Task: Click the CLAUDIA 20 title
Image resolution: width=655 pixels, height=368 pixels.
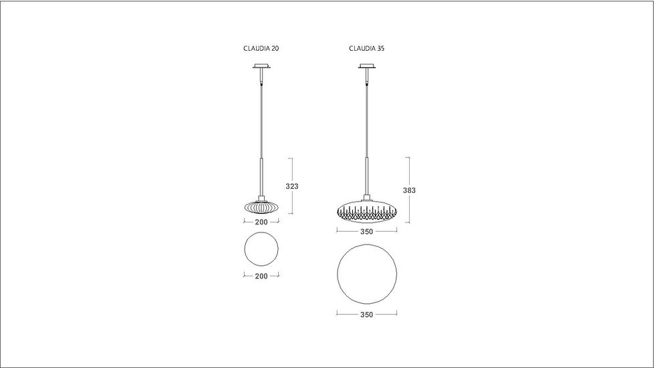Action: (x=261, y=48)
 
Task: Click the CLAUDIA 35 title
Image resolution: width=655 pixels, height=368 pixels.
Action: (x=367, y=48)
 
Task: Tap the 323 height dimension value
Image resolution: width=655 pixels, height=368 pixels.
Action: (x=292, y=186)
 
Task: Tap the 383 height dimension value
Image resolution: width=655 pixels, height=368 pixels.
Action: (x=409, y=190)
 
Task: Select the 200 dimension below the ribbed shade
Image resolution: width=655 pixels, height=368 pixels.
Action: (x=261, y=222)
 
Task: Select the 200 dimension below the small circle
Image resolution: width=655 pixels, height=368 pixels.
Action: (x=261, y=276)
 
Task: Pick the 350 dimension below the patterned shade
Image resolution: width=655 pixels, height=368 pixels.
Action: (x=366, y=232)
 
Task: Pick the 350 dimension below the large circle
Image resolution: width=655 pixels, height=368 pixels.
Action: (x=366, y=315)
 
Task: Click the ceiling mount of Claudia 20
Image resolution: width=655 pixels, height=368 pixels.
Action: (x=261, y=66)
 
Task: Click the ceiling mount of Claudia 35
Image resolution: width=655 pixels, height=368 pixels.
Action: (x=367, y=66)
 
